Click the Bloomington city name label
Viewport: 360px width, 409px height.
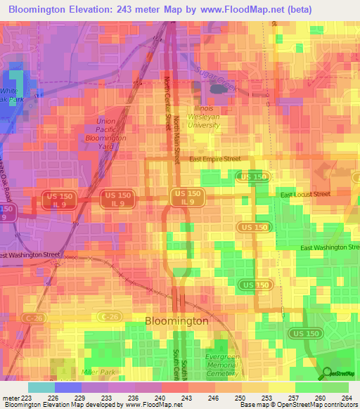click(x=176, y=320)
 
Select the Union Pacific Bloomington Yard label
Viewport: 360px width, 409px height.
click(x=110, y=130)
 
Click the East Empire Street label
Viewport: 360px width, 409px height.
click(x=214, y=160)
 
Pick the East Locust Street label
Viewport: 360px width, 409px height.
click(x=304, y=194)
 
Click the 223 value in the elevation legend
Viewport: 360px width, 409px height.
click(x=26, y=398)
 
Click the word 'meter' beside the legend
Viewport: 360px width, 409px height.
click(x=9, y=398)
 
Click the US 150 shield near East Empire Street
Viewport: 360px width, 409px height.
click(x=252, y=176)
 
